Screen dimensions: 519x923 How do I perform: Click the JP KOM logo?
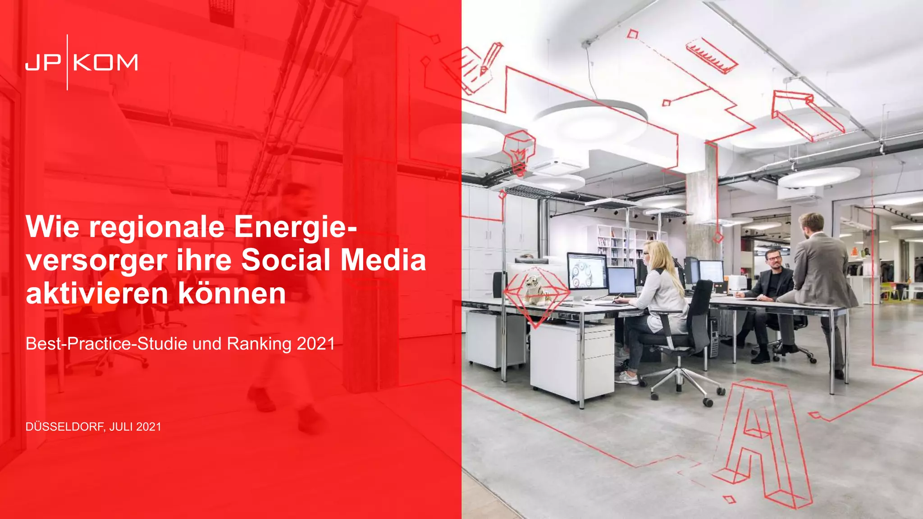[x=82, y=62]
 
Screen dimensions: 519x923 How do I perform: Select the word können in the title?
[x=232, y=293]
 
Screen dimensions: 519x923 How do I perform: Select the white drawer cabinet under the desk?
[x=572, y=360]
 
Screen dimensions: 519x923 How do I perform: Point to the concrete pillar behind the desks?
[x=701, y=203]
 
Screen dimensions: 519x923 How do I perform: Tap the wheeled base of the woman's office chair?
[x=681, y=383]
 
